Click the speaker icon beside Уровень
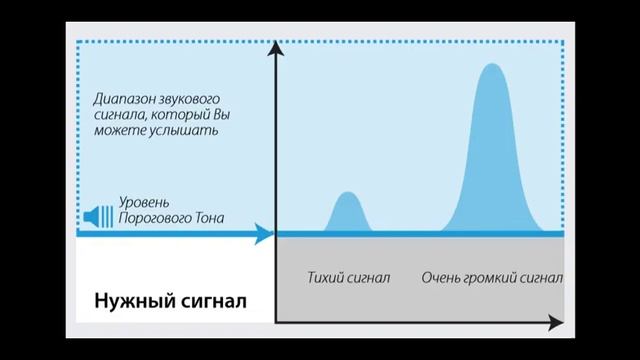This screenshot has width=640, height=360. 101,215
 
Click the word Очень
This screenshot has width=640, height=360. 439,276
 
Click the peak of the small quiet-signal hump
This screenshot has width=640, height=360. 346,193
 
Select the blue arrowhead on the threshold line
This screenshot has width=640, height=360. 264,235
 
